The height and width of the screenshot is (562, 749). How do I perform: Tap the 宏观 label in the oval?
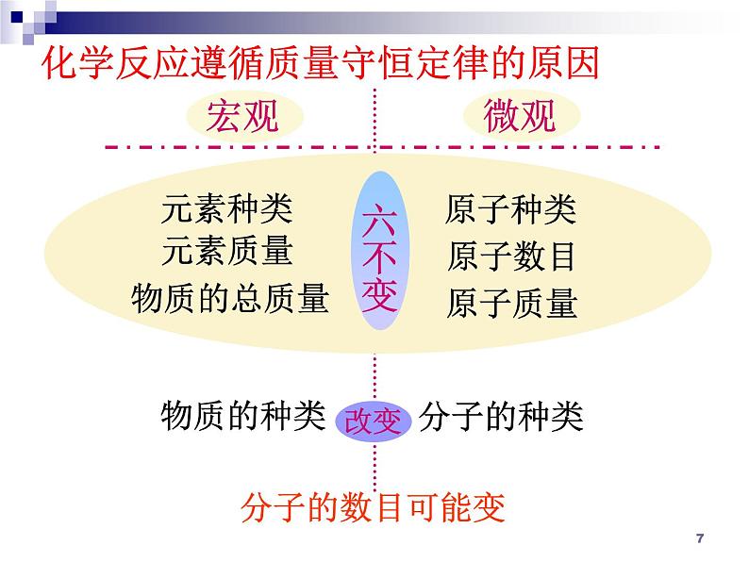tap(243, 117)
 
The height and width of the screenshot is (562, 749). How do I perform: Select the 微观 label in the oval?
tap(520, 117)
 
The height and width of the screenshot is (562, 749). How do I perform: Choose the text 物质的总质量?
tap(230, 299)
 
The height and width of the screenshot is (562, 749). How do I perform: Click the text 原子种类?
tap(510, 208)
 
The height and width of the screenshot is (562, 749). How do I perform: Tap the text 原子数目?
tap(510, 256)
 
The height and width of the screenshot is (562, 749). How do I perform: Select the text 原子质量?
tap(510, 303)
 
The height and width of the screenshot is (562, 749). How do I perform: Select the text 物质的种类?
tap(242, 415)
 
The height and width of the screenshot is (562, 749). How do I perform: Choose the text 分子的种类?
tap(501, 415)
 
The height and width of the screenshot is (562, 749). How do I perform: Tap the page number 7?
tap(698, 538)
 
